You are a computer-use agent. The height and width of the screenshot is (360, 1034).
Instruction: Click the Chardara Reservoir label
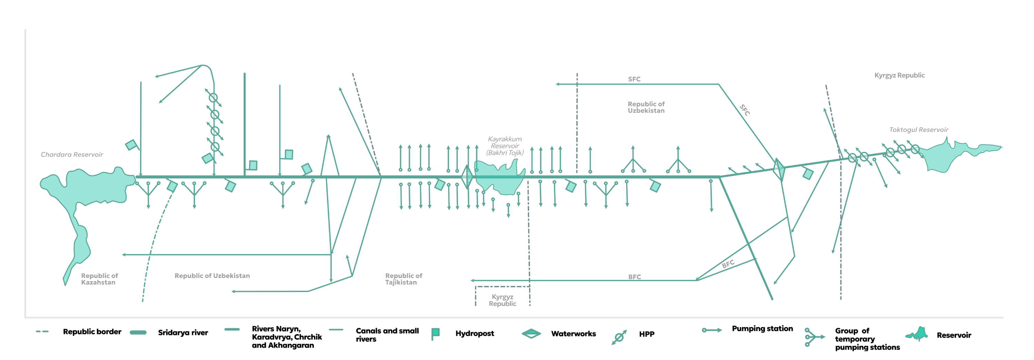coord(72,155)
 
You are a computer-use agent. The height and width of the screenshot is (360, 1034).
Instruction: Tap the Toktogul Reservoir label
coord(919,130)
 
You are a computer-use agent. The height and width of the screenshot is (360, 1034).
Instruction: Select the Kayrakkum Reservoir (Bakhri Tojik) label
coord(505,146)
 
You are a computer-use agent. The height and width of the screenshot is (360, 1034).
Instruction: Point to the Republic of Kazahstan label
coord(99,279)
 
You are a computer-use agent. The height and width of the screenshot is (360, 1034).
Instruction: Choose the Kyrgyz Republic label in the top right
coord(899,75)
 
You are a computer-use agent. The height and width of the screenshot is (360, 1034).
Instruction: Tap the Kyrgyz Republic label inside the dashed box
coord(502,300)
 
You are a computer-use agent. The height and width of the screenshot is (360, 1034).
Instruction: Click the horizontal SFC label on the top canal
coord(634,80)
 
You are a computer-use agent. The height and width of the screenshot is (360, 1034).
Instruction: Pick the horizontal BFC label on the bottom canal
coord(634,277)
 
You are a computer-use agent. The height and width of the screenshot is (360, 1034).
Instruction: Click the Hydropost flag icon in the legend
coord(436,333)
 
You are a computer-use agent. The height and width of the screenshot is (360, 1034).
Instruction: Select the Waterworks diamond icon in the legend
coord(531,333)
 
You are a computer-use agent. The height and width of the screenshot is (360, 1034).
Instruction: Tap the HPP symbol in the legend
coord(619,337)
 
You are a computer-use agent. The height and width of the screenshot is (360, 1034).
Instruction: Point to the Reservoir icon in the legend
coord(916,334)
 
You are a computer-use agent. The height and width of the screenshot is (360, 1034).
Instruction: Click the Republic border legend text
coord(92,332)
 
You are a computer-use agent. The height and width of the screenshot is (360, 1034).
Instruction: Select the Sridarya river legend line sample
coord(138,332)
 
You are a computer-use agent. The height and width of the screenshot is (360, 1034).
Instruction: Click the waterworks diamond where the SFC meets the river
coord(779,169)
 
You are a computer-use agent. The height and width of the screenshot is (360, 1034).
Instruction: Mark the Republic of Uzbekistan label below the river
coord(212,276)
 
